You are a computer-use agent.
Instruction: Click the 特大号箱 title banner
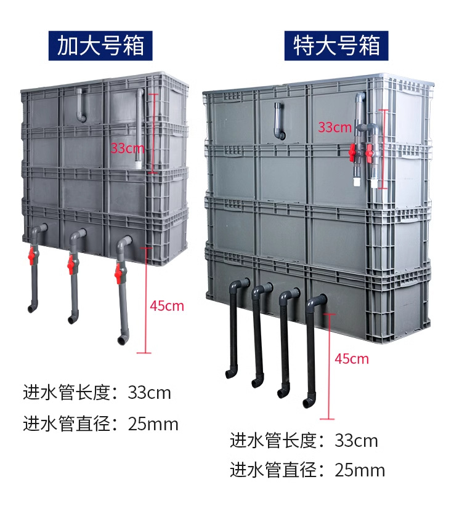point(336,46)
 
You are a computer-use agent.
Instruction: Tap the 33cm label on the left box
point(128,148)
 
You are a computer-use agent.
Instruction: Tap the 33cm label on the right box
point(334,127)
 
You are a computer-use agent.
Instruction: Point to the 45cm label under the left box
point(167,306)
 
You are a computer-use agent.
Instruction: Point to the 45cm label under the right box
point(352,359)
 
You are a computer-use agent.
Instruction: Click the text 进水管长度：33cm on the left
point(97,393)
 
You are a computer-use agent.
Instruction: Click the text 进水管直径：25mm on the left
point(100,424)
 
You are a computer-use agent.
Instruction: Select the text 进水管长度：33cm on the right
point(304,441)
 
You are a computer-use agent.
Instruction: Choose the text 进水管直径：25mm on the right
point(307,471)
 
